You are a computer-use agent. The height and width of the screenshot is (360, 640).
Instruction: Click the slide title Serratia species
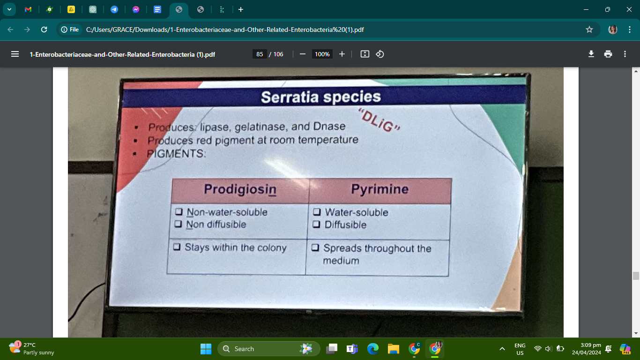click(320, 97)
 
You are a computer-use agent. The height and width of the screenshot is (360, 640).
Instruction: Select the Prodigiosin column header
click(240, 189)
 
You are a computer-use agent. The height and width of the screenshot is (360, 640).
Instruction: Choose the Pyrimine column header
click(380, 189)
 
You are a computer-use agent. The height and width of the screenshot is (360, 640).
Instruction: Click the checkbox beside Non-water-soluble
click(179, 212)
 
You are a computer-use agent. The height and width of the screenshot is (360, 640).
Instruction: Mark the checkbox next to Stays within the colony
click(176, 247)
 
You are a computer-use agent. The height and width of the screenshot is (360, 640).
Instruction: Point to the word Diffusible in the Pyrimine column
click(345, 225)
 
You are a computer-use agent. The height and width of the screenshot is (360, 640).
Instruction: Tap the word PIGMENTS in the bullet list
click(176, 153)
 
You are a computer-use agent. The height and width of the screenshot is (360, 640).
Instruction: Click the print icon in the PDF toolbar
click(608, 54)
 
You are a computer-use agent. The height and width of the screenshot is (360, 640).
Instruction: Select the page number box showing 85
click(260, 54)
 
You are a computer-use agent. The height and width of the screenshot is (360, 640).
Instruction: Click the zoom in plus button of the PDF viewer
click(342, 54)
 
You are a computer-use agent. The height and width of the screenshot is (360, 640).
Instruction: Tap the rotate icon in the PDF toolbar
click(380, 54)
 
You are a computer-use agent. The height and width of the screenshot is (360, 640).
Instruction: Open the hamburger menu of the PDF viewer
click(15, 54)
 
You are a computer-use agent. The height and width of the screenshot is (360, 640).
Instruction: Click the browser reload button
click(44, 30)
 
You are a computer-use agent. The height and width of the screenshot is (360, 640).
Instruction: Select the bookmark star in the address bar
click(589, 30)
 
